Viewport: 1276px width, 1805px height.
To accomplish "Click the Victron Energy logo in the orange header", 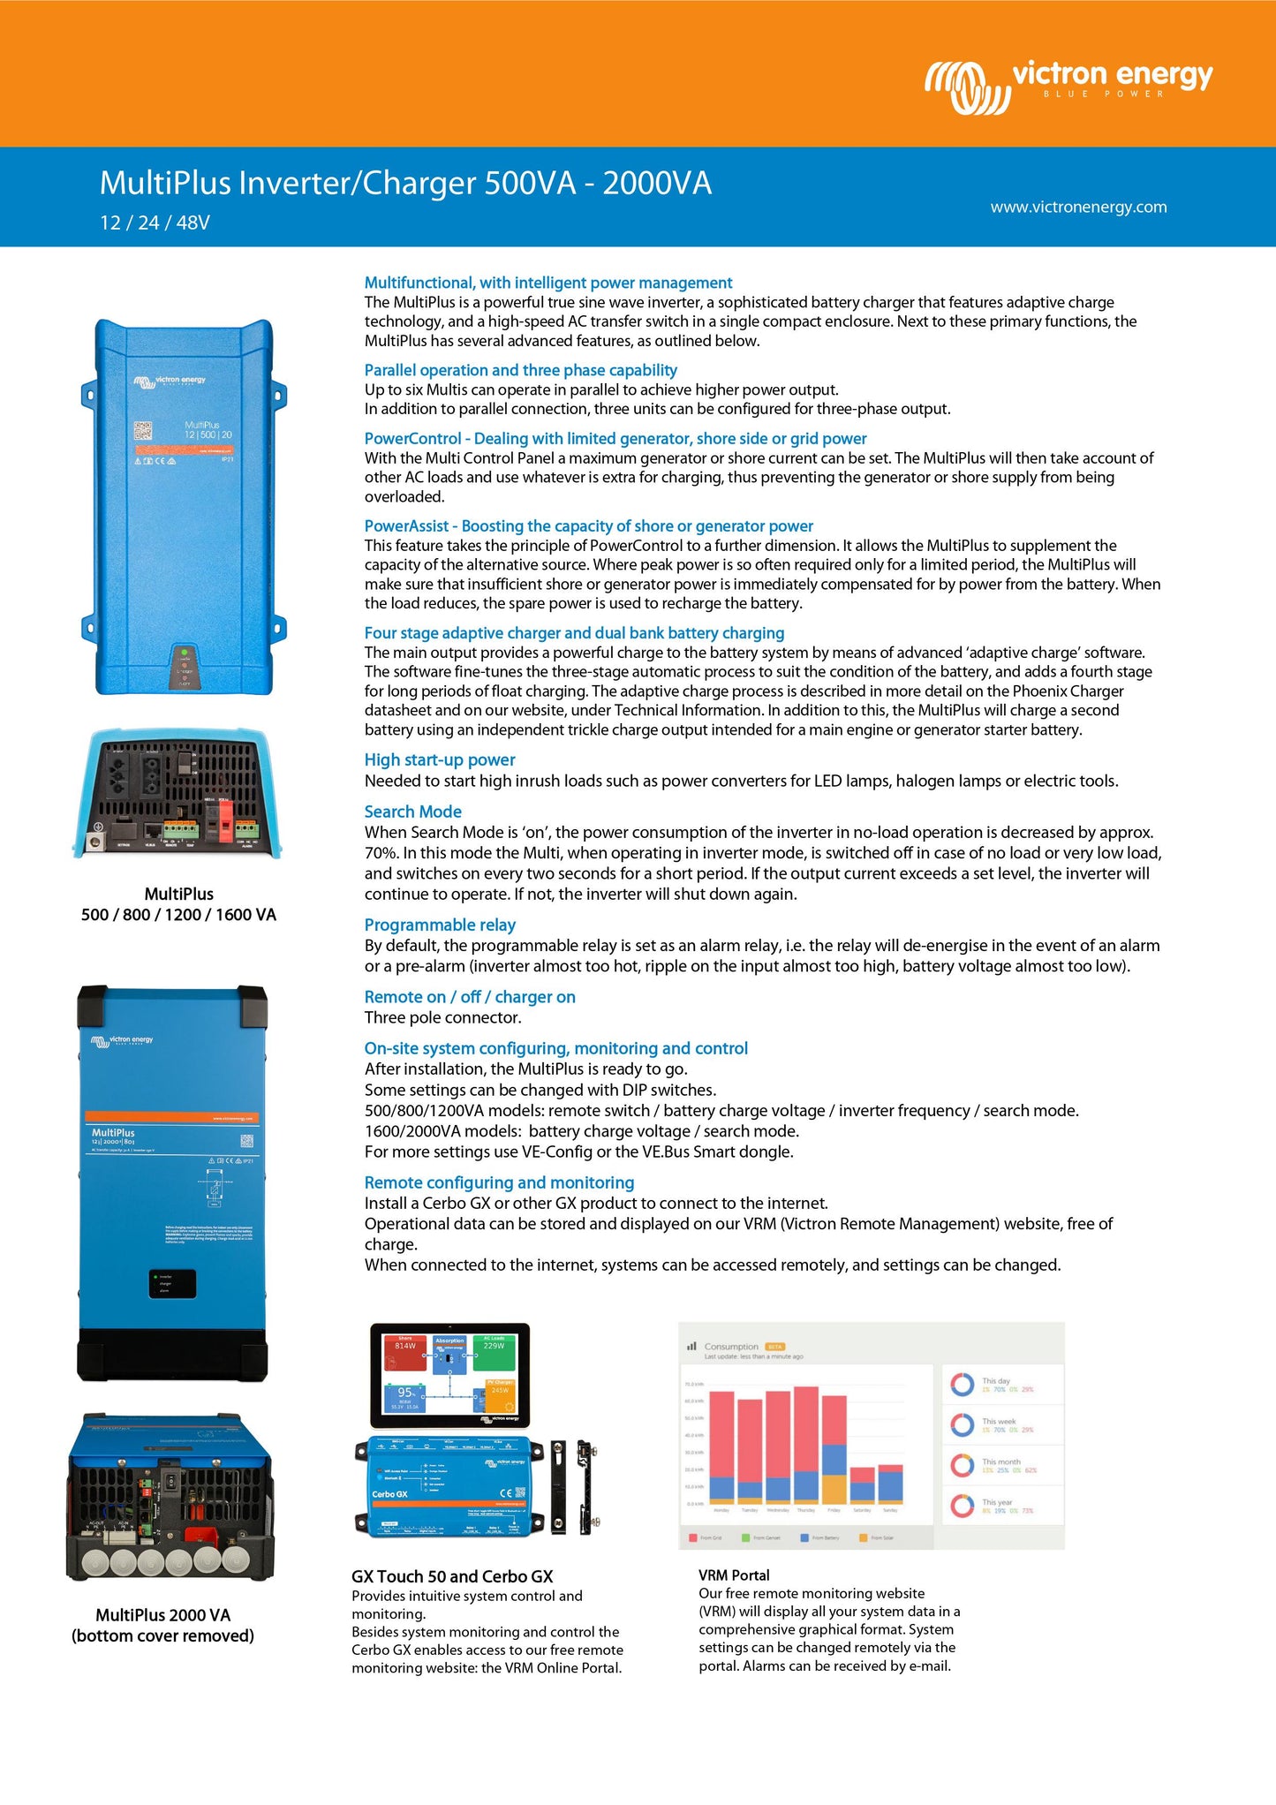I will coord(1068,86).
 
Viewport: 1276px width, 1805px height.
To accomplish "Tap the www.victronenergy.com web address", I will coord(1078,208).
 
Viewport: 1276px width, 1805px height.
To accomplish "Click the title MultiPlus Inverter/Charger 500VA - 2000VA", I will coord(405,183).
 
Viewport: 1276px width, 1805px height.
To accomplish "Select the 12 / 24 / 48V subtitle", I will coord(155,223).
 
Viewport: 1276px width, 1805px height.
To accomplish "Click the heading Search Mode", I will coord(412,812).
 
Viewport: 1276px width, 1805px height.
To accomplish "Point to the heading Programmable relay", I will coord(440,925).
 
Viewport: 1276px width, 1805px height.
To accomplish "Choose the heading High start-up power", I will coord(440,759).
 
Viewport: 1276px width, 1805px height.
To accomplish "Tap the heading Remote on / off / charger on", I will coord(470,997).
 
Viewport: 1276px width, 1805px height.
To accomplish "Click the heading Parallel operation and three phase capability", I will coord(521,370).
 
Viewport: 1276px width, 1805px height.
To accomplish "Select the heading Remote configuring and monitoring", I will coord(499,1182).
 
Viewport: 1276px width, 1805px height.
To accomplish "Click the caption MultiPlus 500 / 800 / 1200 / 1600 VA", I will coord(178,904).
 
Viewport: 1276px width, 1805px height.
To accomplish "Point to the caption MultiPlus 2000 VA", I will coord(162,1615).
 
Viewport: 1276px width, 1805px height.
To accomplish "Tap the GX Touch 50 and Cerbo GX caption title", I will coord(452,1576).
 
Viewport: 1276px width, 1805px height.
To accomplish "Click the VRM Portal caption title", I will coord(734,1575).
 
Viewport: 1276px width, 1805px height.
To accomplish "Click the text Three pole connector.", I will coord(443,1017).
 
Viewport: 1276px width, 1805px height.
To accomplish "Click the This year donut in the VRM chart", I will coord(962,1505).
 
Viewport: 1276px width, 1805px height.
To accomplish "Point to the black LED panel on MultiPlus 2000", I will coord(172,1283).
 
